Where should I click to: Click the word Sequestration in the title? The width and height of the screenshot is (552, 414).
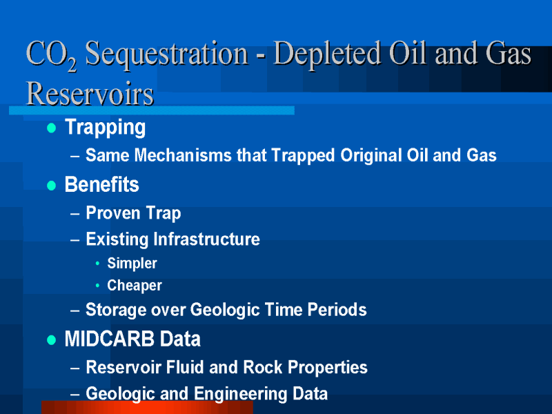[166, 55]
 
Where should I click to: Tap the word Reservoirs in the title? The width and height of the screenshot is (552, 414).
[90, 94]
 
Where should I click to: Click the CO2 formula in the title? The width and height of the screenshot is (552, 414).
[51, 55]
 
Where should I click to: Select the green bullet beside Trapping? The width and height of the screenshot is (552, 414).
[51, 128]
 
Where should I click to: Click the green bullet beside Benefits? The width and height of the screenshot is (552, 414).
[51, 185]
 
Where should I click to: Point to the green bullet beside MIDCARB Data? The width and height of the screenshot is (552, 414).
[51, 339]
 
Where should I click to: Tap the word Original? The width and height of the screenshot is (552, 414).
[371, 155]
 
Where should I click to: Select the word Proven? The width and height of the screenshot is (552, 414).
[113, 213]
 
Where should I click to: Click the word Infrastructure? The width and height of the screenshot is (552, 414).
[206, 239]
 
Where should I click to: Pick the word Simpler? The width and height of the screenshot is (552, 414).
[132, 264]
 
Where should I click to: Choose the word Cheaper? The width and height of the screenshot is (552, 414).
[135, 286]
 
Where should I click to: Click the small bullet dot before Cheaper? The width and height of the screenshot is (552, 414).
[97, 285]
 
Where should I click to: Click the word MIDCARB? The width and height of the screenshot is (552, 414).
[110, 339]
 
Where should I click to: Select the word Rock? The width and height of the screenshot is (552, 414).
[263, 367]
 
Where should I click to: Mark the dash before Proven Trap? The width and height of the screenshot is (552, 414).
[75, 213]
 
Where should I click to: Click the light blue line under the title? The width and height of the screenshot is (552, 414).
[152, 110]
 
